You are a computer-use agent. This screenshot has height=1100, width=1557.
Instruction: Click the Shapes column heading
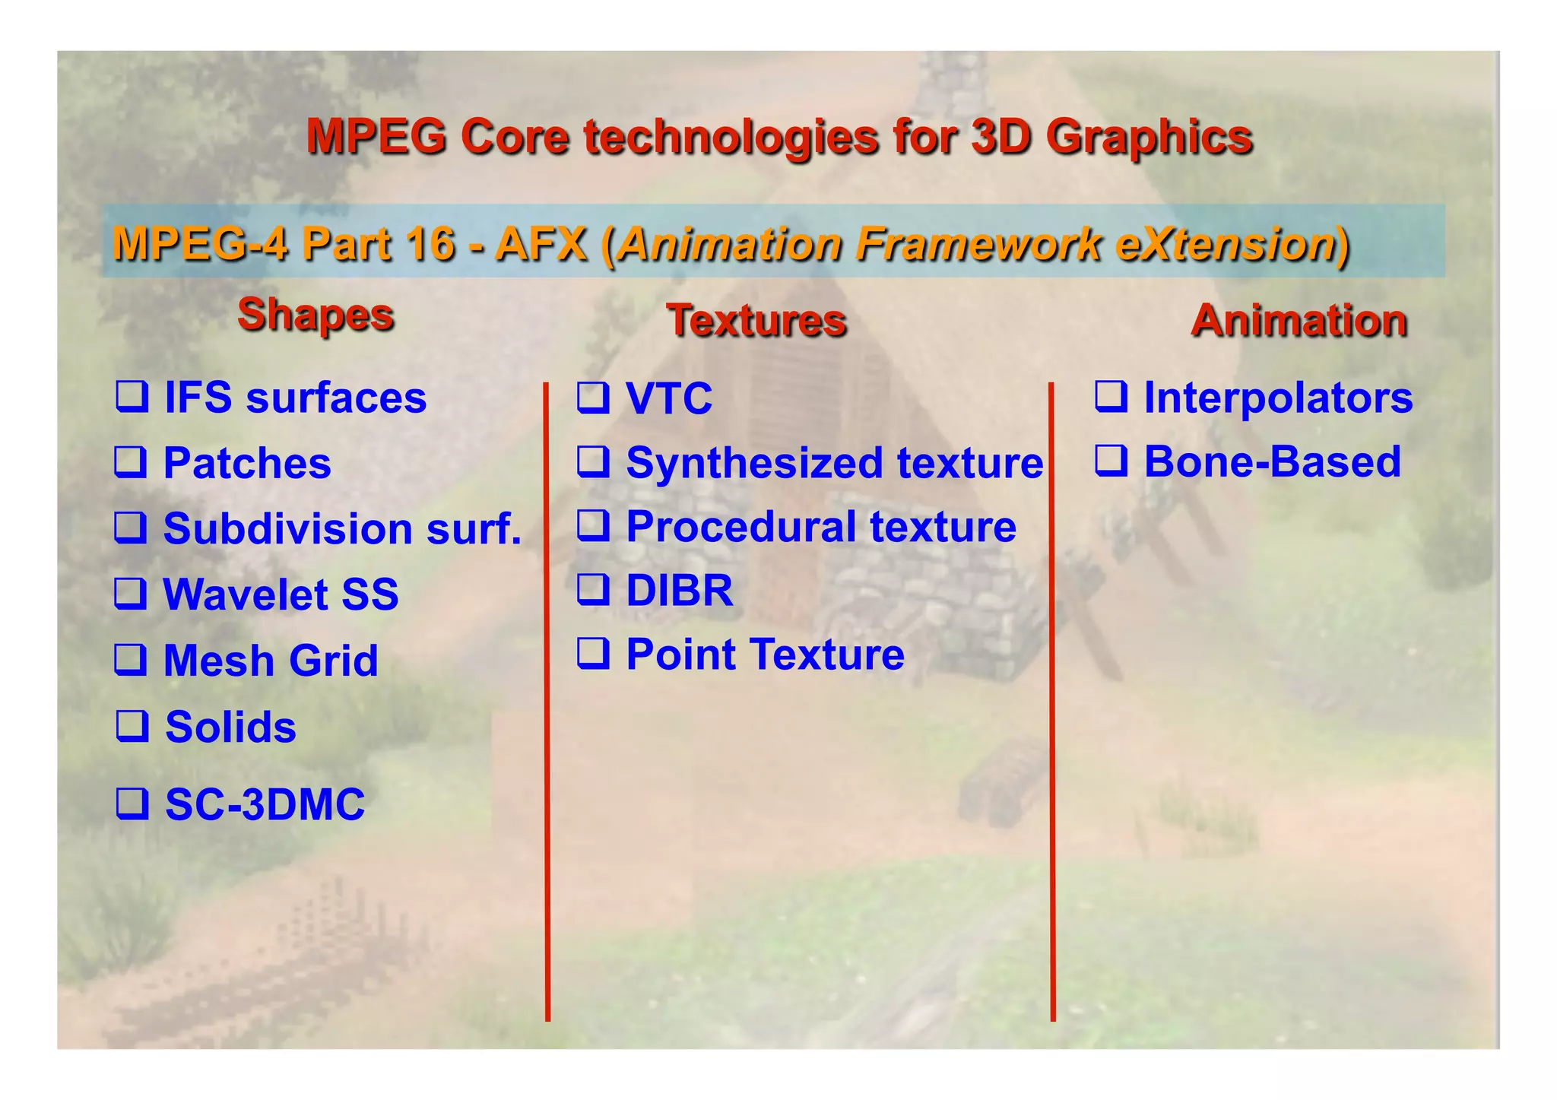[x=316, y=315]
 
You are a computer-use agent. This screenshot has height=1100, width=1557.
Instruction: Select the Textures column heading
[x=756, y=320]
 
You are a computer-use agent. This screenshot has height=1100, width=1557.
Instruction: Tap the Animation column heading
[x=1299, y=320]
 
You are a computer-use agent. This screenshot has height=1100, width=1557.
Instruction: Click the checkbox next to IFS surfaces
[x=132, y=396]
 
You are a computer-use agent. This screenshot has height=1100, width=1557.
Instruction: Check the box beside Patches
[x=131, y=461]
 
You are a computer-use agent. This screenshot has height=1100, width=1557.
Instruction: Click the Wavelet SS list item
[x=281, y=594]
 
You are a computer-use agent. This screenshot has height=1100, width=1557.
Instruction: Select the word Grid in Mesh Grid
[x=334, y=661]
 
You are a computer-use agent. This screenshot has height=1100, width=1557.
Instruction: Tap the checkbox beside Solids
[x=132, y=725]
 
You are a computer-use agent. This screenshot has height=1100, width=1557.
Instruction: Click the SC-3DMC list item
[x=265, y=804]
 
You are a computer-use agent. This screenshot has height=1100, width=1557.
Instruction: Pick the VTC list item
[x=669, y=398]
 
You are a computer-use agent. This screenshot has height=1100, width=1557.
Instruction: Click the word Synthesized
[x=756, y=463]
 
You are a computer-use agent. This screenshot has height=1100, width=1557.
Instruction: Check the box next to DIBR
[x=593, y=589]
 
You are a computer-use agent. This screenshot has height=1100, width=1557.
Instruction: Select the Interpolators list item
[x=1278, y=398]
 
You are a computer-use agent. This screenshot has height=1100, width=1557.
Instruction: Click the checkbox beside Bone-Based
[x=1111, y=461]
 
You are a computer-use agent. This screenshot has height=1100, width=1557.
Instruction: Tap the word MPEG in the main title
[x=376, y=137]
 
